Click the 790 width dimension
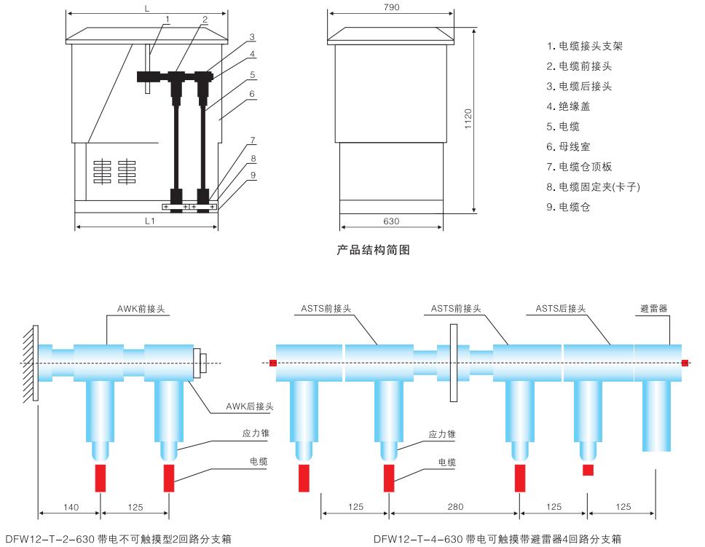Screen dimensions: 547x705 point(391,7)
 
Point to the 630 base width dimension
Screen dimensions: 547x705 point(391,221)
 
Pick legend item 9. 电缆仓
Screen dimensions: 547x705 point(580,207)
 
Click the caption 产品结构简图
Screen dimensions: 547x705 point(374,251)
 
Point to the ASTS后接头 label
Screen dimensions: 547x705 point(561,308)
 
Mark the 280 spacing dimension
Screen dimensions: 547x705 point(454,507)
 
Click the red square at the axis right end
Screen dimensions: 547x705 point(685,363)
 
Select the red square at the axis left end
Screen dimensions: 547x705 point(272,363)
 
